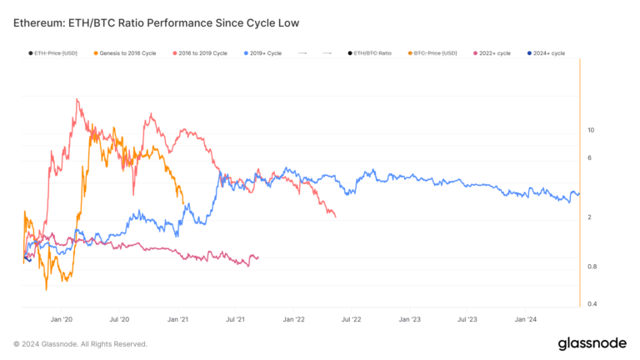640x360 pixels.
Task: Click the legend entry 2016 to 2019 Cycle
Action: click(x=203, y=53)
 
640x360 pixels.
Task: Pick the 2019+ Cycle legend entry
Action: click(x=266, y=53)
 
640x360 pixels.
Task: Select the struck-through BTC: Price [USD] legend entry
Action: click(x=435, y=53)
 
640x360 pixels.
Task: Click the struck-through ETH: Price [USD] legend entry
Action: click(x=57, y=53)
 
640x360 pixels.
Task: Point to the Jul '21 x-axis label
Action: click(x=236, y=319)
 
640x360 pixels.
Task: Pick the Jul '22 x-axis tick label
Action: click(x=351, y=319)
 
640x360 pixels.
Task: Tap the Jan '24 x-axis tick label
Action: click(x=526, y=319)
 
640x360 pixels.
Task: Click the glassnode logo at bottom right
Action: click(x=592, y=343)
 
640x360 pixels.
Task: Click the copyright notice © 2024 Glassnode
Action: click(x=80, y=343)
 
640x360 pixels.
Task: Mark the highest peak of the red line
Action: click(x=77, y=99)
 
